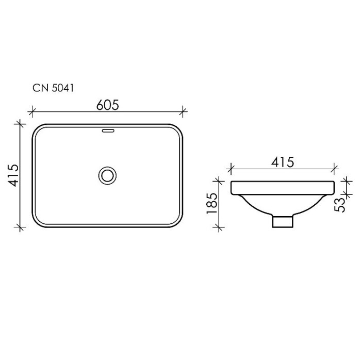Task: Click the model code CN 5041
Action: tap(54, 88)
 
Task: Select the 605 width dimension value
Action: tap(108, 105)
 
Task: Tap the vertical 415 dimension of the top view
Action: tap(13, 175)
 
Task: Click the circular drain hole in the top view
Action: tap(108, 175)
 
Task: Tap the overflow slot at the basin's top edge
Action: tap(108, 131)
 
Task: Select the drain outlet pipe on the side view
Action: tap(282, 221)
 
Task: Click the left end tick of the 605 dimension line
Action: tap(32, 110)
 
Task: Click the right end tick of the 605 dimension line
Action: tap(184, 110)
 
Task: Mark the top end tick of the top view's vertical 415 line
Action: tap(20, 124)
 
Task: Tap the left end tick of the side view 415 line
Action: tap(231, 167)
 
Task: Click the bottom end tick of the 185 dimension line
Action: tap(220, 226)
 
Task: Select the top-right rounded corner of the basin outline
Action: tap(178, 129)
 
